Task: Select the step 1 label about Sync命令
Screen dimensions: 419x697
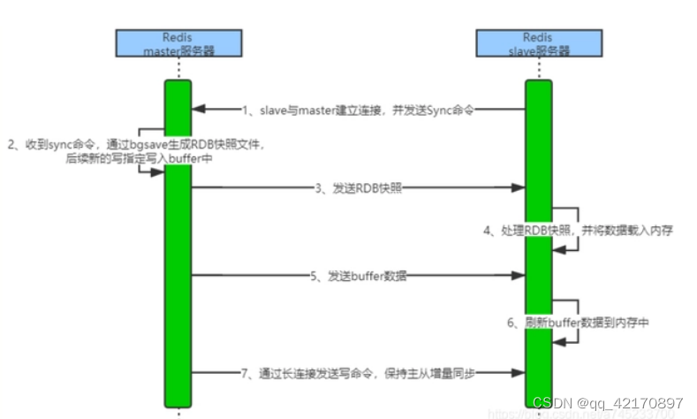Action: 358,110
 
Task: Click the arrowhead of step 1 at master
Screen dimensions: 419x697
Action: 199,110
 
